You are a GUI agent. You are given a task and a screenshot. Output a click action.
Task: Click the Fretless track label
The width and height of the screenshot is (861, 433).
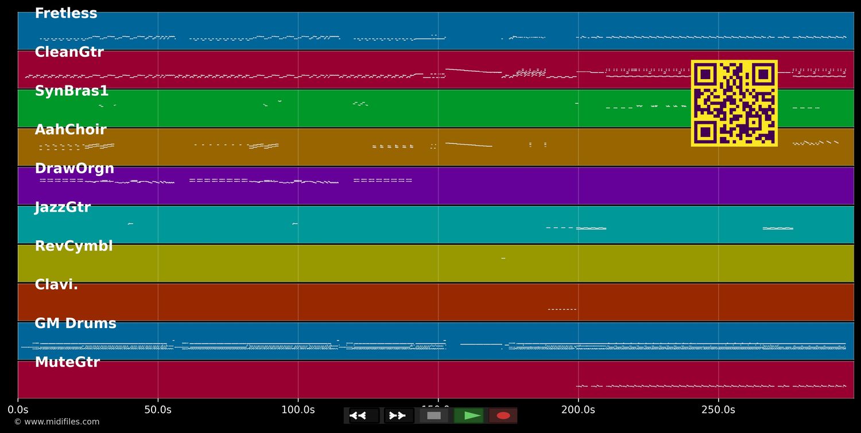(66, 14)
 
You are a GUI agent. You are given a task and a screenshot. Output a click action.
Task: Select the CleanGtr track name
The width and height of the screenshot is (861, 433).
(69, 52)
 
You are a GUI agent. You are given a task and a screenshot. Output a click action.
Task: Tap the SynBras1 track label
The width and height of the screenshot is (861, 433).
(72, 91)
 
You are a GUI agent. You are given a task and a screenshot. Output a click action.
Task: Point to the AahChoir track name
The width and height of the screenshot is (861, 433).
(71, 130)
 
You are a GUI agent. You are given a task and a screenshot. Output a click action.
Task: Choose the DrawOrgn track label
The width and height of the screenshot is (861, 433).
(75, 169)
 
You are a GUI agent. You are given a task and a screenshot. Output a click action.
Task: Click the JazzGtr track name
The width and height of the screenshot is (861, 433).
(63, 208)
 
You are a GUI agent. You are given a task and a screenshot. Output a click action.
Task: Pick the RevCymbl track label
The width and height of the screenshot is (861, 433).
(73, 246)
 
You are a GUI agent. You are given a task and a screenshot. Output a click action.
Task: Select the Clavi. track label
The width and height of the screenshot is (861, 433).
(56, 285)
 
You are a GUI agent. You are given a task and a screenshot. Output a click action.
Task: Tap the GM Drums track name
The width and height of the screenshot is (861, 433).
(75, 323)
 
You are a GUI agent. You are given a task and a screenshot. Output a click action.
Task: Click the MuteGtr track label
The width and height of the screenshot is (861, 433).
(67, 362)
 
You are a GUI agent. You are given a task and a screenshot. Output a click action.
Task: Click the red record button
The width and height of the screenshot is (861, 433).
(503, 416)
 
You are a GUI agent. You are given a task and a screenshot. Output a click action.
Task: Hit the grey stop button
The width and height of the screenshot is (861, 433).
(434, 416)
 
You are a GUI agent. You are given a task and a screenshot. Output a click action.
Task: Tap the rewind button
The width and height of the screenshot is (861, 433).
(364, 416)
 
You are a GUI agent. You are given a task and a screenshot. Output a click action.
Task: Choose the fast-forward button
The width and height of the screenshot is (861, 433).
(398, 416)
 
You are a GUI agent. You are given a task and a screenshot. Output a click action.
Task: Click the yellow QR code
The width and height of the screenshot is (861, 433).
(734, 103)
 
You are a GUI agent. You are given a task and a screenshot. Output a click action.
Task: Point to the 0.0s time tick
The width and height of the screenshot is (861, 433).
(18, 410)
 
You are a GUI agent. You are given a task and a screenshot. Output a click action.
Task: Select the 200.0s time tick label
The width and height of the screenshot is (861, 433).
(578, 410)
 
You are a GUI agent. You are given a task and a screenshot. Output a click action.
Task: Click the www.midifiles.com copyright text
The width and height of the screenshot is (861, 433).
(57, 422)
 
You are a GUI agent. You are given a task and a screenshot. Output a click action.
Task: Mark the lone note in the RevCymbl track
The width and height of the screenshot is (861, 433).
(503, 259)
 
